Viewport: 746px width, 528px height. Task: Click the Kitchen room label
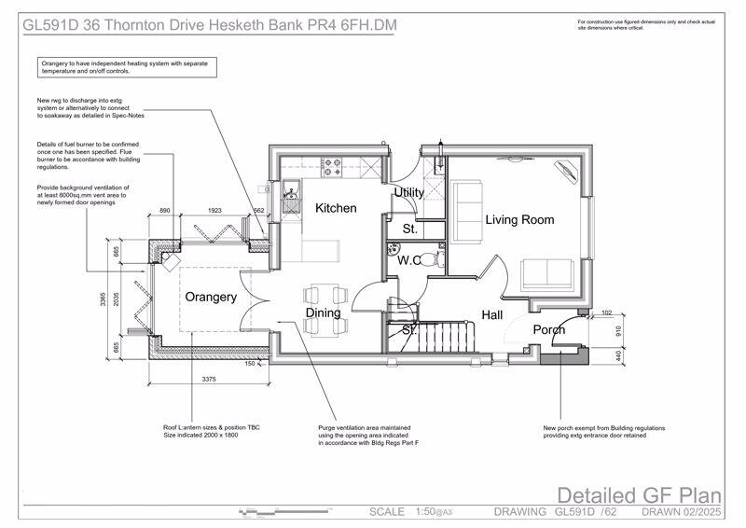pyautogui.click(x=335, y=208)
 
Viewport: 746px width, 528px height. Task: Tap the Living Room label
pyautogui.click(x=519, y=220)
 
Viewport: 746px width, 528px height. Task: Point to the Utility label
pyautogui.click(x=408, y=192)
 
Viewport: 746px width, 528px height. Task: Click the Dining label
pyautogui.click(x=324, y=313)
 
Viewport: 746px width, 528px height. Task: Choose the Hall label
pyautogui.click(x=491, y=315)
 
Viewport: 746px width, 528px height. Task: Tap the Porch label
pyautogui.click(x=549, y=329)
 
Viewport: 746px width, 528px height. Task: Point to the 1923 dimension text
pyautogui.click(x=220, y=212)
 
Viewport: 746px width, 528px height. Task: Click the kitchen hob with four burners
pyautogui.click(x=331, y=169)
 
